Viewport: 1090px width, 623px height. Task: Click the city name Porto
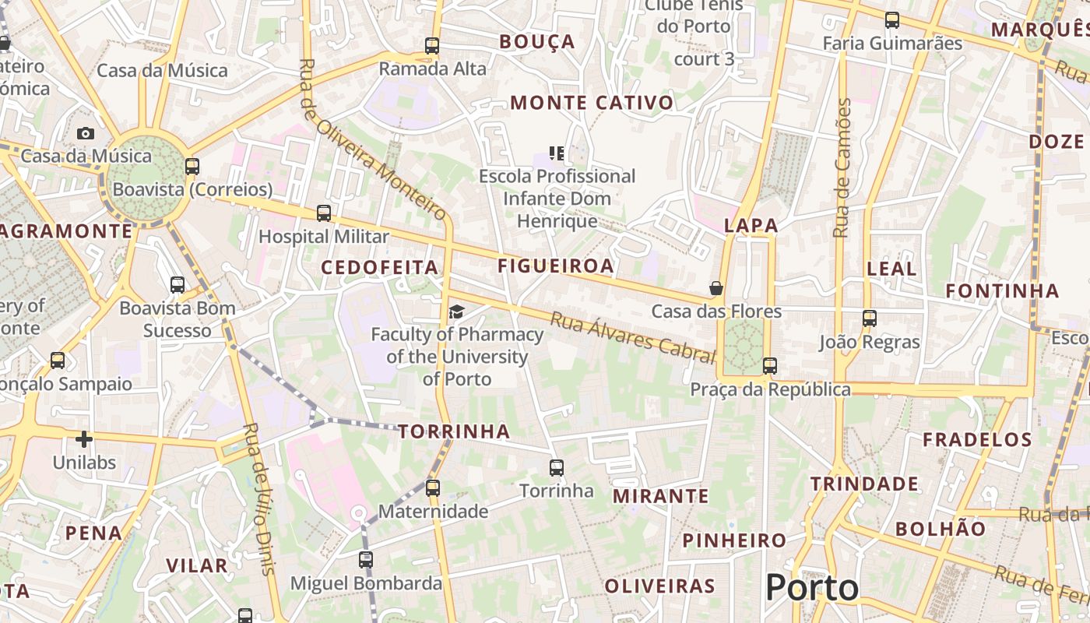(x=812, y=587)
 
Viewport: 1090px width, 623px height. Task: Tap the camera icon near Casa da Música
(x=86, y=133)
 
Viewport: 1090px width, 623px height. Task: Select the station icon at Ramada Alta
(x=432, y=46)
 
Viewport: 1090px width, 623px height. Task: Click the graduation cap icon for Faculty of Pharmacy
(x=456, y=312)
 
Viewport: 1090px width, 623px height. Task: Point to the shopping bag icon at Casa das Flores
(x=716, y=288)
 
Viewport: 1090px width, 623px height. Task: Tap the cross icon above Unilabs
(x=84, y=439)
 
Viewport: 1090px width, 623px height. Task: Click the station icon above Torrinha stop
(x=556, y=468)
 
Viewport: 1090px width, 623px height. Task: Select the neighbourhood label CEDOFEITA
(x=380, y=267)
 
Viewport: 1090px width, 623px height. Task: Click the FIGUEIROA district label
(x=556, y=266)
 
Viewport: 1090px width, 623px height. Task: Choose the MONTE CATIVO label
(x=592, y=102)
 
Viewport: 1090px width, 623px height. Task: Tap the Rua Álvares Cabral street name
(x=632, y=337)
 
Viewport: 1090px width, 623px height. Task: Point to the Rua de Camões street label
(x=842, y=168)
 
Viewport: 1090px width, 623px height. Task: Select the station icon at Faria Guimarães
(x=892, y=20)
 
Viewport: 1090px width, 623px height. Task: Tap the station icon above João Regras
(x=870, y=319)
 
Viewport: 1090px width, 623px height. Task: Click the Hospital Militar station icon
(x=324, y=213)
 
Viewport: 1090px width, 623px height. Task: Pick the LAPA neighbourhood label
(x=751, y=225)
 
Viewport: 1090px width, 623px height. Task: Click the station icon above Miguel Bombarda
(x=366, y=560)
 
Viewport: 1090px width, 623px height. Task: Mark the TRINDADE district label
(x=864, y=484)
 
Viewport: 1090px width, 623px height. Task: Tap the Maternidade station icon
(x=433, y=488)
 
